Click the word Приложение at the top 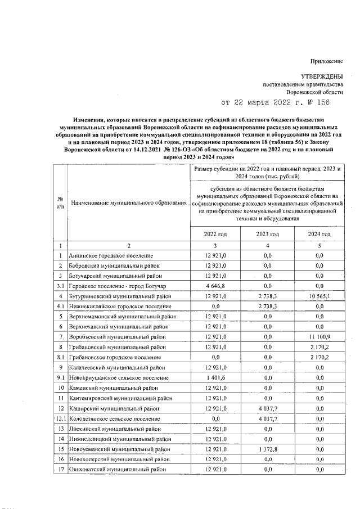pyautogui.click(x=327, y=61)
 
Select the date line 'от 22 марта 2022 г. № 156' pyautogui.click(x=275, y=102)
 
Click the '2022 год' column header pyautogui.click(x=215, y=234)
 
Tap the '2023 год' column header pyautogui.click(x=268, y=234)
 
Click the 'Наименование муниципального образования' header pyautogui.click(x=128, y=202)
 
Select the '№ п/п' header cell pyautogui.click(x=60, y=202)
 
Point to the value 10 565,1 pyautogui.click(x=319, y=296)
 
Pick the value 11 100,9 pyautogui.click(x=319, y=336)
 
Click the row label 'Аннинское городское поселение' pyautogui.click(x=110, y=256)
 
